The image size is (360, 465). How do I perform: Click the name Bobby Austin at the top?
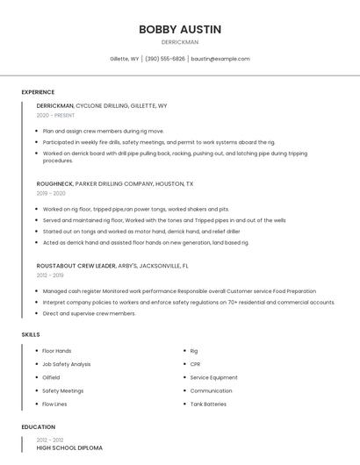tap(180, 29)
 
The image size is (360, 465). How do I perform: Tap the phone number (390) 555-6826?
tap(165, 59)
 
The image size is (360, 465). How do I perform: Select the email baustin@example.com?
tap(220, 59)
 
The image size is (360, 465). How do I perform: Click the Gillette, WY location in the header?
tap(124, 59)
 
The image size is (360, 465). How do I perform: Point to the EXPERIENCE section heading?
tap(38, 92)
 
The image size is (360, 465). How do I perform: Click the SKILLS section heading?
tap(31, 334)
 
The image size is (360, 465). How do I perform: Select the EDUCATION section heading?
tap(38, 427)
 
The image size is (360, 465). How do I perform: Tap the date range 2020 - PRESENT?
tap(55, 115)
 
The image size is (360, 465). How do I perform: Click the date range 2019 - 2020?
tap(51, 193)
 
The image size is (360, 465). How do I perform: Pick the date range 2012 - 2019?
tap(50, 275)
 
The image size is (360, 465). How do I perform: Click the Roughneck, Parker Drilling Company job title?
tap(115, 184)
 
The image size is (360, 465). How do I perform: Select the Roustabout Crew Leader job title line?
tap(112, 265)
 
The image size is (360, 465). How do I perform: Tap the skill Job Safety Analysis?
tap(67, 364)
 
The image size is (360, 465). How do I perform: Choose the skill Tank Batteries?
tap(209, 404)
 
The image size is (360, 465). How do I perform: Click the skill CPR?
tap(195, 364)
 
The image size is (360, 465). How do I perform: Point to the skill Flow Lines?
tap(54, 404)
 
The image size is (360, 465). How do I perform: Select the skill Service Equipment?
tap(213, 377)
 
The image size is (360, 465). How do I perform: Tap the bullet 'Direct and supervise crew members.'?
tap(89, 313)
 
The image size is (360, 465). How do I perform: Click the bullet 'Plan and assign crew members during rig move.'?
tap(104, 131)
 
